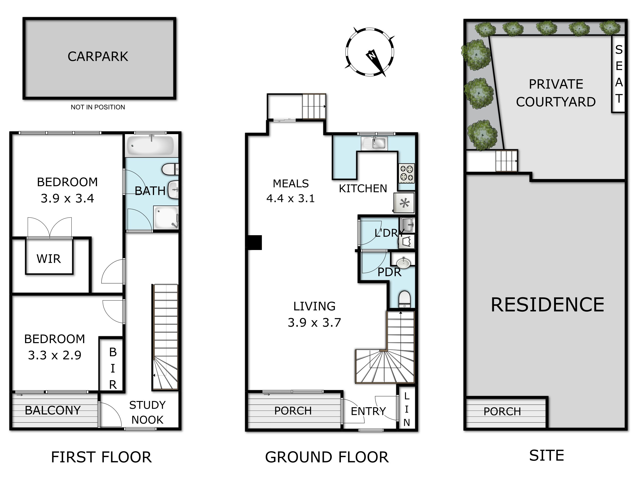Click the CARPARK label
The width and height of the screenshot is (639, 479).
pyautogui.click(x=98, y=57)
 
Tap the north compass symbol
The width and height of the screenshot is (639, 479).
pyautogui.click(x=370, y=52)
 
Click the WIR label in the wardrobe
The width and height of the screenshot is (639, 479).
pyautogui.click(x=49, y=259)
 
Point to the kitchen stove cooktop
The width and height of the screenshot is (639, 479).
pyautogui.click(x=407, y=173)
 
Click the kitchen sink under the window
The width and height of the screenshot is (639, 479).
pyautogui.click(x=374, y=143)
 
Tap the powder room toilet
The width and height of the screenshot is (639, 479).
pyautogui.click(x=404, y=299)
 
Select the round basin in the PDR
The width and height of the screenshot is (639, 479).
pyautogui.click(x=403, y=263)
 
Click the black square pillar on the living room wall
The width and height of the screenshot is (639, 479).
pyautogui.click(x=254, y=242)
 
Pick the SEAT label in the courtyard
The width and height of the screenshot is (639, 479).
pyautogui.click(x=618, y=74)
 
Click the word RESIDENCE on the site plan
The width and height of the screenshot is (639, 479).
pyautogui.click(x=547, y=305)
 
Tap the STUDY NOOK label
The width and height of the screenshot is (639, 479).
pyautogui.click(x=147, y=412)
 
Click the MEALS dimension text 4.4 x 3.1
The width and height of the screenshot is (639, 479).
pyautogui.click(x=290, y=198)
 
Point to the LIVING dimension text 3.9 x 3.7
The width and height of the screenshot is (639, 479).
pyautogui.click(x=314, y=323)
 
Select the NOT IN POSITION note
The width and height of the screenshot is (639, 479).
pyautogui.click(x=98, y=107)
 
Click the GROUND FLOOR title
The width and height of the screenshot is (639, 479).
pyautogui.click(x=327, y=457)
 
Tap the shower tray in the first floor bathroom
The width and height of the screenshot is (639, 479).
pyautogui.click(x=166, y=217)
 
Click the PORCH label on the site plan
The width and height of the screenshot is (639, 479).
pyautogui.click(x=502, y=411)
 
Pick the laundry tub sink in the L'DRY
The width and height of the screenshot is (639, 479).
pyautogui.click(x=407, y=225)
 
